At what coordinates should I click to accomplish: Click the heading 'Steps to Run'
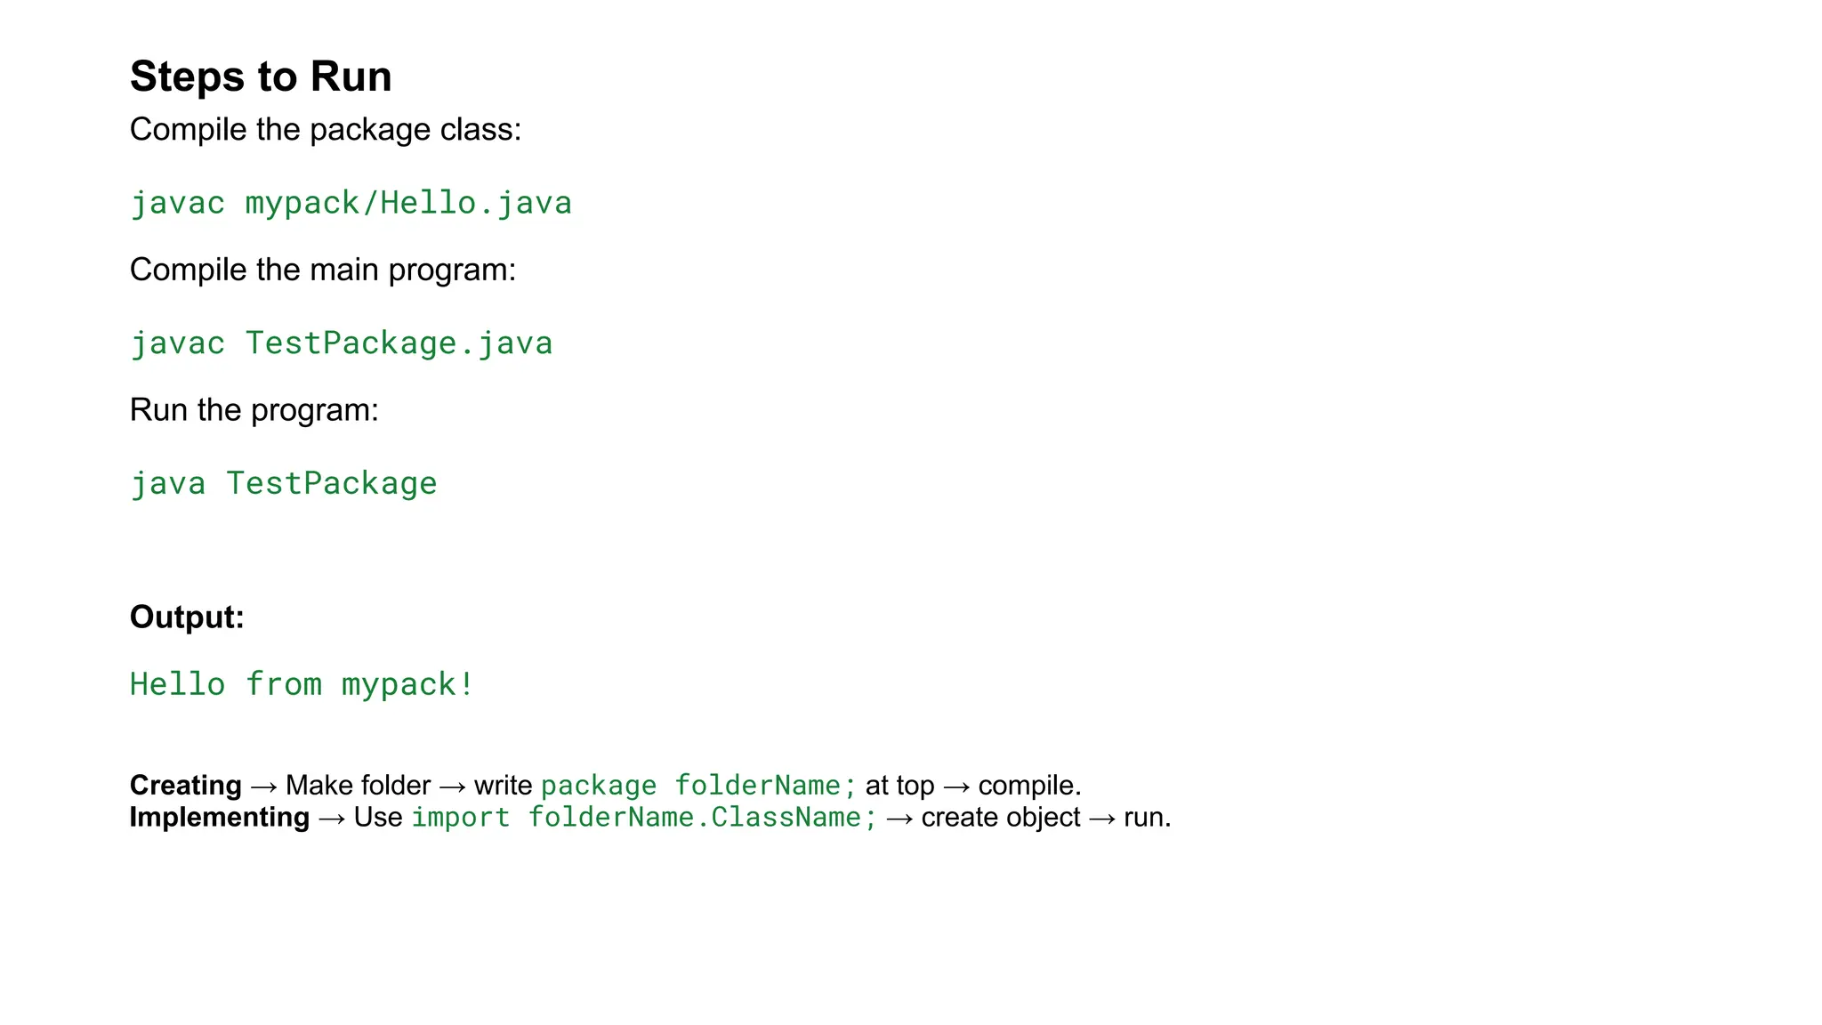[x=261, y=77]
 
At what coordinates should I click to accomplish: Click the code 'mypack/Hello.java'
[x=408, y=203]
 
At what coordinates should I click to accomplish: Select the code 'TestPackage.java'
[x=399, y=343]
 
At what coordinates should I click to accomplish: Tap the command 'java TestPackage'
[x=284, y=483]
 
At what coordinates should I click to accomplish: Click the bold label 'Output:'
[x=187, y=617]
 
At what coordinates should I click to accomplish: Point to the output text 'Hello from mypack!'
[x=302, y=684]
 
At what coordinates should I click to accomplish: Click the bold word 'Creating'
[x=185, y=785]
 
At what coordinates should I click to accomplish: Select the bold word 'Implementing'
[x=219, y=817]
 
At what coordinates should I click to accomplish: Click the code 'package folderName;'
[x=698, y=786]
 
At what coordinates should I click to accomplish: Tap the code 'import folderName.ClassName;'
[x=644, y=818]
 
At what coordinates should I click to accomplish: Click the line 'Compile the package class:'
[x=326, y=130]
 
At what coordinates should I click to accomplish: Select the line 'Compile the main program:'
[x=323, y=270]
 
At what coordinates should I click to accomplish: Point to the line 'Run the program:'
[x=254, y=410]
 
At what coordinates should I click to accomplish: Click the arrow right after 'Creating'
[x=264, y=786]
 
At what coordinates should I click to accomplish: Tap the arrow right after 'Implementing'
[x=332, y=818]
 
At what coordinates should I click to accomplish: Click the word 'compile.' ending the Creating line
[x=1029, y=786]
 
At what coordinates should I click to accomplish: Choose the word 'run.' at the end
[x=1147, y=818]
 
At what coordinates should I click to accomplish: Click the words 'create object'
[x=1001, y=818]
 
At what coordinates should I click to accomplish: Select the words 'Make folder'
[x=358, y=786]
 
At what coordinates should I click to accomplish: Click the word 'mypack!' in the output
[x=407, y=684]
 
